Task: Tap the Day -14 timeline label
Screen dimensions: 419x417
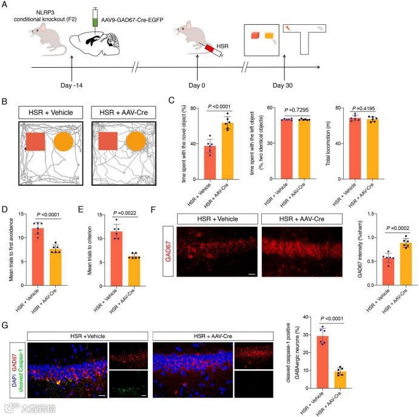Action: pyautogui.click(x=73, y=86)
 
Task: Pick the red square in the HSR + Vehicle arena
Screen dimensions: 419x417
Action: pyautogui.click(x=35, y=142)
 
